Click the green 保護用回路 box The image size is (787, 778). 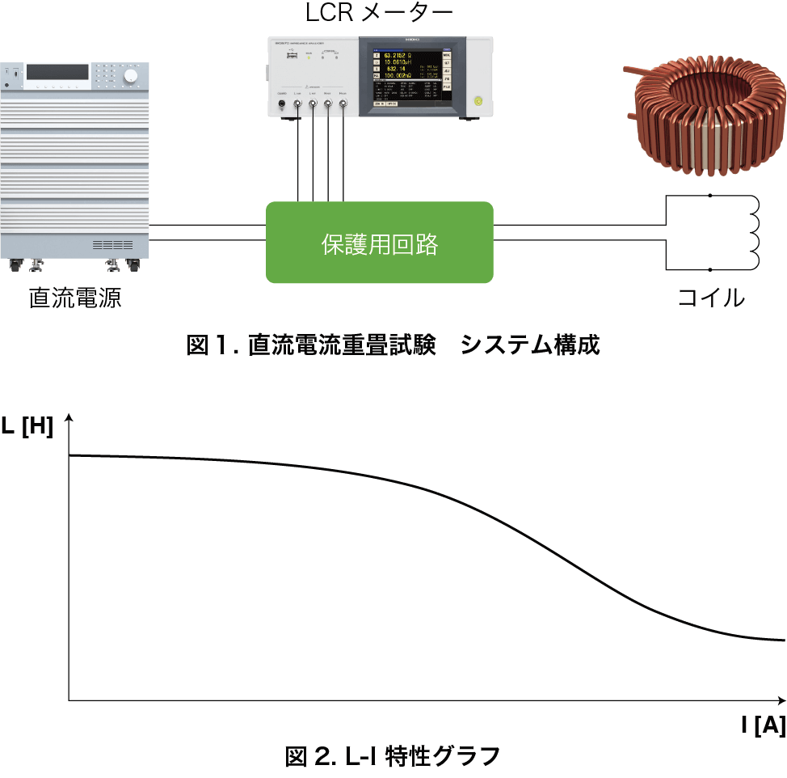379,243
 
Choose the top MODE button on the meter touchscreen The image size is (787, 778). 447,56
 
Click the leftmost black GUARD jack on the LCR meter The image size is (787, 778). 282,104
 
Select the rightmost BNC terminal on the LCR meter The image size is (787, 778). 343,104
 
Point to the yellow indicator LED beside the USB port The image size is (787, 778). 307,58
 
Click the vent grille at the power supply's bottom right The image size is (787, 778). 112,244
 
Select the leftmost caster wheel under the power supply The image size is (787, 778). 15,264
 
